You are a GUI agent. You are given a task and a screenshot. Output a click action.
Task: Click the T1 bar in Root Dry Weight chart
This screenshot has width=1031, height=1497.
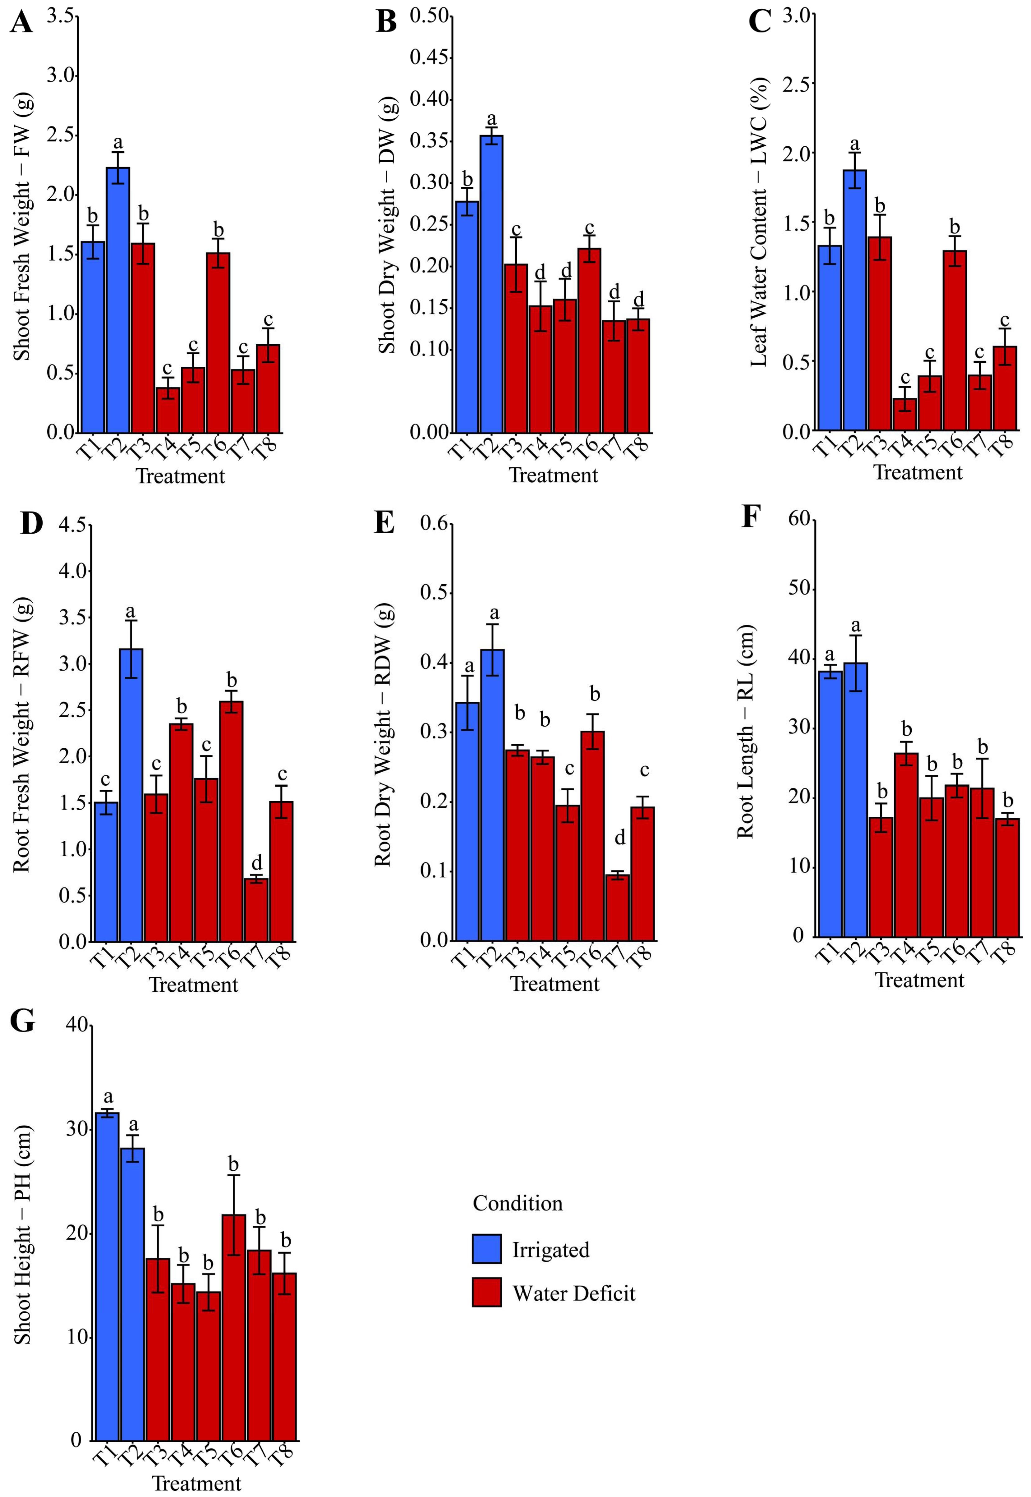coord(467,820)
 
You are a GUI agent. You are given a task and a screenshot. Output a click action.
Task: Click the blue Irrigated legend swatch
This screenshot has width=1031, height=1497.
coord(486,1248)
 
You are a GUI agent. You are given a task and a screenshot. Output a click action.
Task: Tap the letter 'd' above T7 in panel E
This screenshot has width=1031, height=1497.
coord(619,838)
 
